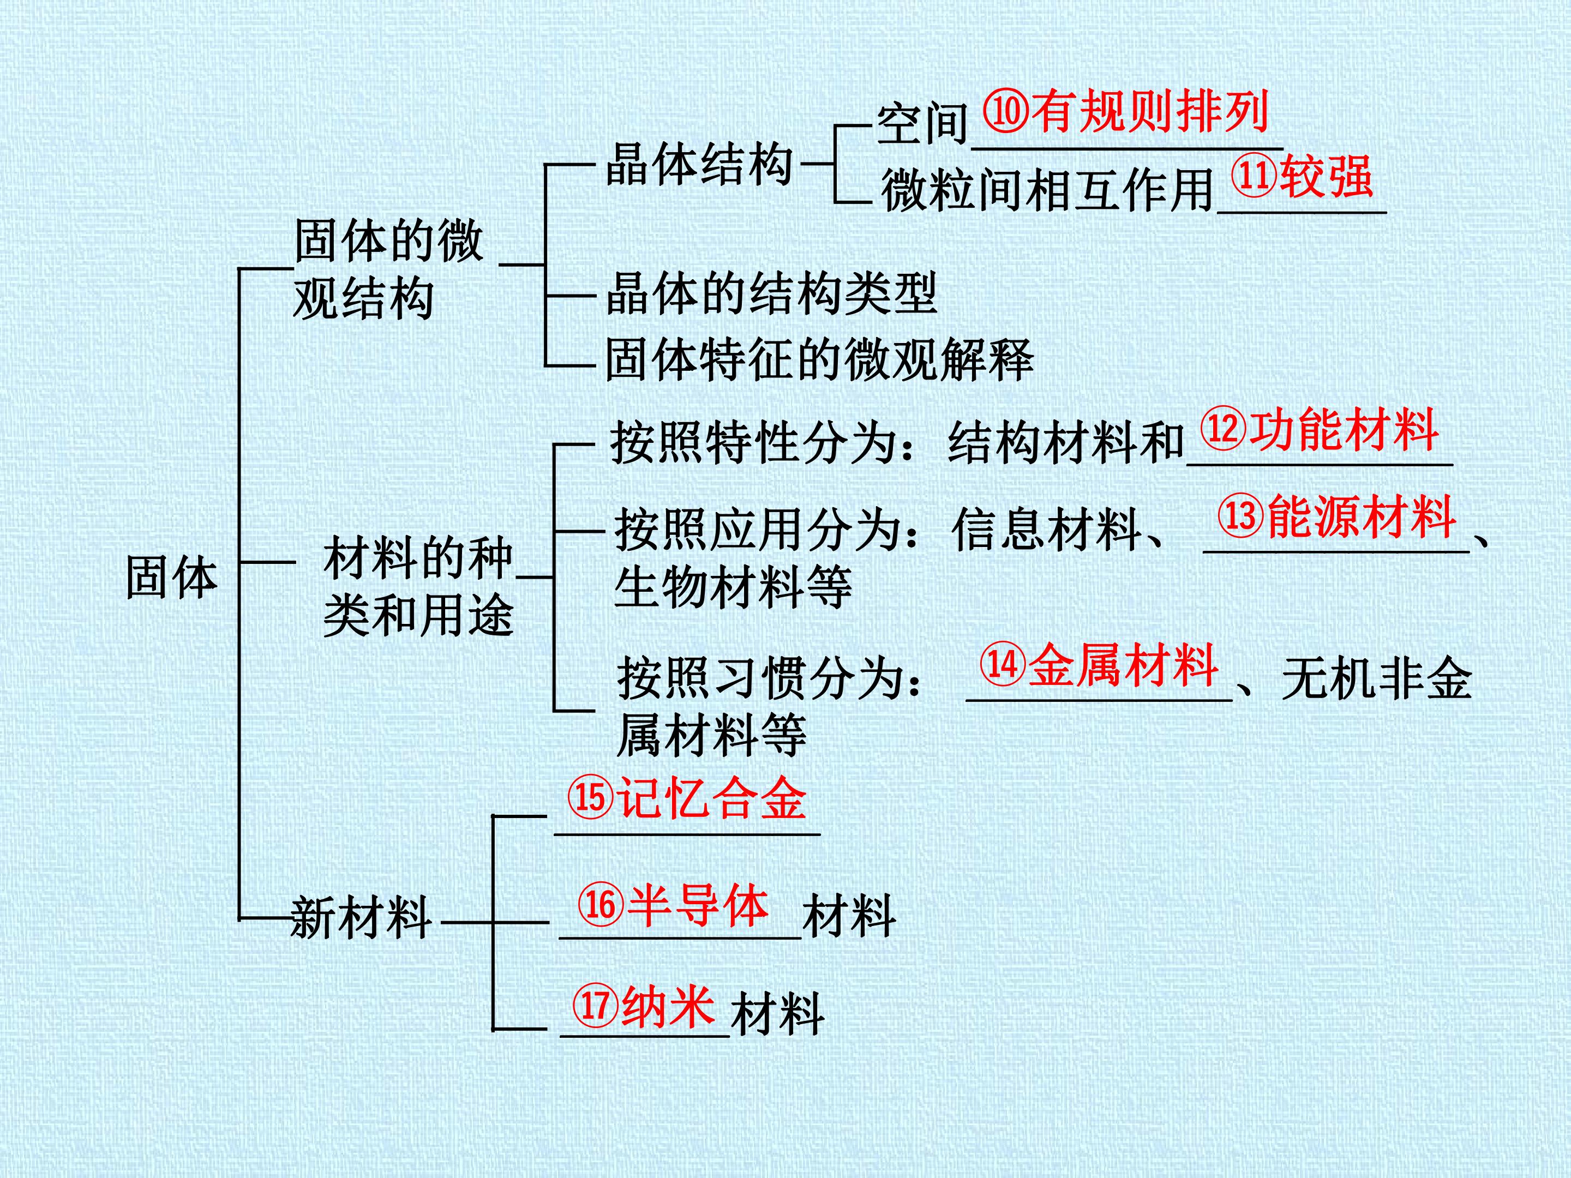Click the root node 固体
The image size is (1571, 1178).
[x=172, y=576]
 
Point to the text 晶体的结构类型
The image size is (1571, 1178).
[x=771, y=293]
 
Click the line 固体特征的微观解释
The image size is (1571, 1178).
[x=819, y=359]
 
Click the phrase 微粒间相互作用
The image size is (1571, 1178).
[x=1047, y=190]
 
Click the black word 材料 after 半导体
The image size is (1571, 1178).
[x=849, y=916]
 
